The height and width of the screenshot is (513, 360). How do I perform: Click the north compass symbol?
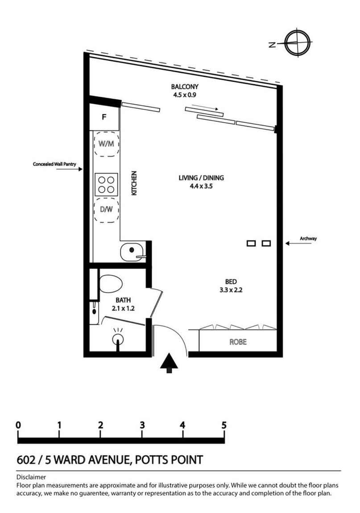[x=295, y=43]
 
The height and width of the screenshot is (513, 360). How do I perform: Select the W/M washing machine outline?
[x=107, y=144]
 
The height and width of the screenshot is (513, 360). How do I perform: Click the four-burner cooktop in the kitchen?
[x=106, y=184]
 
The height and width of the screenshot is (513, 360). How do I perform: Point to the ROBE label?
[x=238, y=343]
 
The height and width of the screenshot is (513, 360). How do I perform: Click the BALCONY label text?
[x=184, y=87]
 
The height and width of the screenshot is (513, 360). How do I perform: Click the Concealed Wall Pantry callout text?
[x=54, y=164]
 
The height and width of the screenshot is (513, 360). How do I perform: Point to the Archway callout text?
[x=308, y=239]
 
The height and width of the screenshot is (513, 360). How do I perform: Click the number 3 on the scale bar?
[x=142, y=425]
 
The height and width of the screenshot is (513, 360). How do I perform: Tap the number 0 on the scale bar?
[x=18, y=425]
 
